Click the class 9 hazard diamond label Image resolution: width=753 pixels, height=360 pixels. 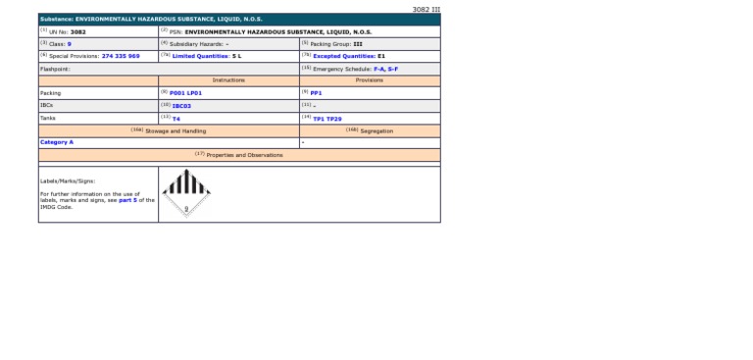pyautogui.click(x=185, y=193)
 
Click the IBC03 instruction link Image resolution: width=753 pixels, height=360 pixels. pyautogui.click(x=181, y=106)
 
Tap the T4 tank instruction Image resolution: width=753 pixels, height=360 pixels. pyautogui.click(x=176, y=118)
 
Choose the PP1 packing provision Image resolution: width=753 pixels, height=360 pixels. pyautogui.click(x=316, y=93)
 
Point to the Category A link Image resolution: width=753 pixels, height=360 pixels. pyautogui.click(x=57, y=142)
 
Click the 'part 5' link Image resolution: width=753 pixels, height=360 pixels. pyautogui.click(x=126, y=200)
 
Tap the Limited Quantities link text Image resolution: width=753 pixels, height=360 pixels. pyautogui.click(x=201, y=56)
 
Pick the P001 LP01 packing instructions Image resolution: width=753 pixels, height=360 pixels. pyautogui.click(x=185, y=93)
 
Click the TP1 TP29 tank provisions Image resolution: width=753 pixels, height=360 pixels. pyautogui.click(x=326, y=118)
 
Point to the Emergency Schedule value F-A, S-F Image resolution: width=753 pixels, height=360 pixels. pyautogui.click(x=385, y=69)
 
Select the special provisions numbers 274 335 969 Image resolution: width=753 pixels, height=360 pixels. pyautogui.click(x=121, y=56)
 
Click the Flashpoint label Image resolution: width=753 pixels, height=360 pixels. pyautogui.click(x=55, y=69)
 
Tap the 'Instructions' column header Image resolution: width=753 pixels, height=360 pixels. pyautogui.click(x=228, y=80)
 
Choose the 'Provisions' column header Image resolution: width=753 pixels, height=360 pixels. pyautogui.click(x=369, y=80)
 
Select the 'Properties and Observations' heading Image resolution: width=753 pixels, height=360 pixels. pyautogui.click(x=239, y=155)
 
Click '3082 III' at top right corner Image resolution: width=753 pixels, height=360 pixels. pyautogui.click(x=427, y=9)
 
